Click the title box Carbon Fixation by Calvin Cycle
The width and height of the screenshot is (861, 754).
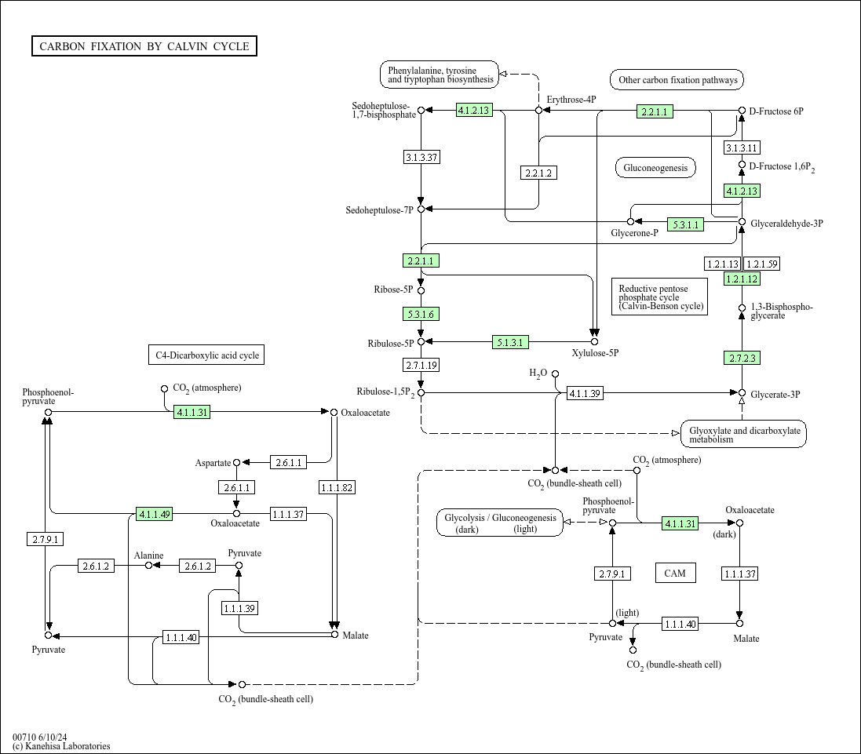[144, 46]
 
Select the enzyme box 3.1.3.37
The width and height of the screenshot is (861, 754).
[421, 158]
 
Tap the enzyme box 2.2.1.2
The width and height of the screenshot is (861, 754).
[538, 173]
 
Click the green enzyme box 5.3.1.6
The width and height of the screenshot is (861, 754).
[421, 315]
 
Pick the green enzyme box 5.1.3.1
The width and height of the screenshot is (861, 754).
[510, 342]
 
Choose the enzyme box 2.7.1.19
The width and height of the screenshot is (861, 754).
[421, 365]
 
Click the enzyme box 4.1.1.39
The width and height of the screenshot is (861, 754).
[585, 393]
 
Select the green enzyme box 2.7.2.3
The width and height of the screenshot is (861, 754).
[742, 359]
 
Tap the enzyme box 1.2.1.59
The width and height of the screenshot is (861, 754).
[761, 264]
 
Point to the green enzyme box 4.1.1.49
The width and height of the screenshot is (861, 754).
[155, 514]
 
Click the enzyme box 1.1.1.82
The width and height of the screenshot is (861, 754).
[337, 487]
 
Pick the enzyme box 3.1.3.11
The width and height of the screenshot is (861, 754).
[742, 148]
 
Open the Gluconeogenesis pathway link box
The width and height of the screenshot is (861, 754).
[655, 168]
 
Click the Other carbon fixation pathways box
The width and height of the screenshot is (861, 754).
[677, 79]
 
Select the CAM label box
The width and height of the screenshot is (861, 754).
[676, 573]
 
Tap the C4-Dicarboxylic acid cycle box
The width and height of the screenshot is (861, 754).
[206, 355]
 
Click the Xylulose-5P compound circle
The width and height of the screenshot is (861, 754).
[594, 342]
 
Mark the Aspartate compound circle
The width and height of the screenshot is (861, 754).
[237, 463]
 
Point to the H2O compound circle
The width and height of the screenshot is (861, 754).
[555, 373]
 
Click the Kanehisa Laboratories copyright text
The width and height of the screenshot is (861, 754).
[61, 746]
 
